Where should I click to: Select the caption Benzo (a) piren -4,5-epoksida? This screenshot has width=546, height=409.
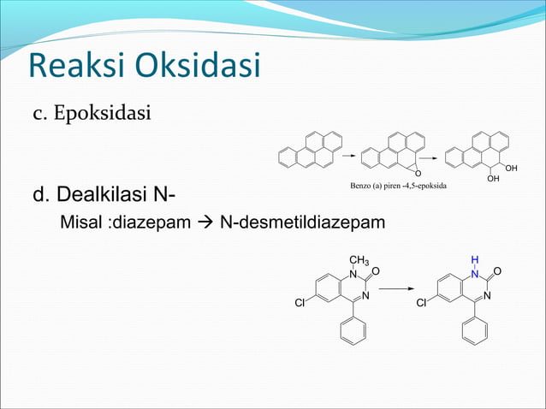pos(401,185)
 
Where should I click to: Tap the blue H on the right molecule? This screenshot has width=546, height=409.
pos(474,258)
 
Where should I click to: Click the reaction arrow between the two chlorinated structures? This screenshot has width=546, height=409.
pos(395,289)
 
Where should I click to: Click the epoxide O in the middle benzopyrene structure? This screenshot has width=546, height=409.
pos(418,176)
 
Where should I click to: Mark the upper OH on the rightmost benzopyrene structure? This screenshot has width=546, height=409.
pos(511,169)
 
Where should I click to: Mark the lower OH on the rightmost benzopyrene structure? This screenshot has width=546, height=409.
pos(492,180)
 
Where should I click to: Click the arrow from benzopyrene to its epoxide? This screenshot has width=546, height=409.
pos(348,157)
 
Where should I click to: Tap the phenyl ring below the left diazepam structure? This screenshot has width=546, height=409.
pos(353,330)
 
